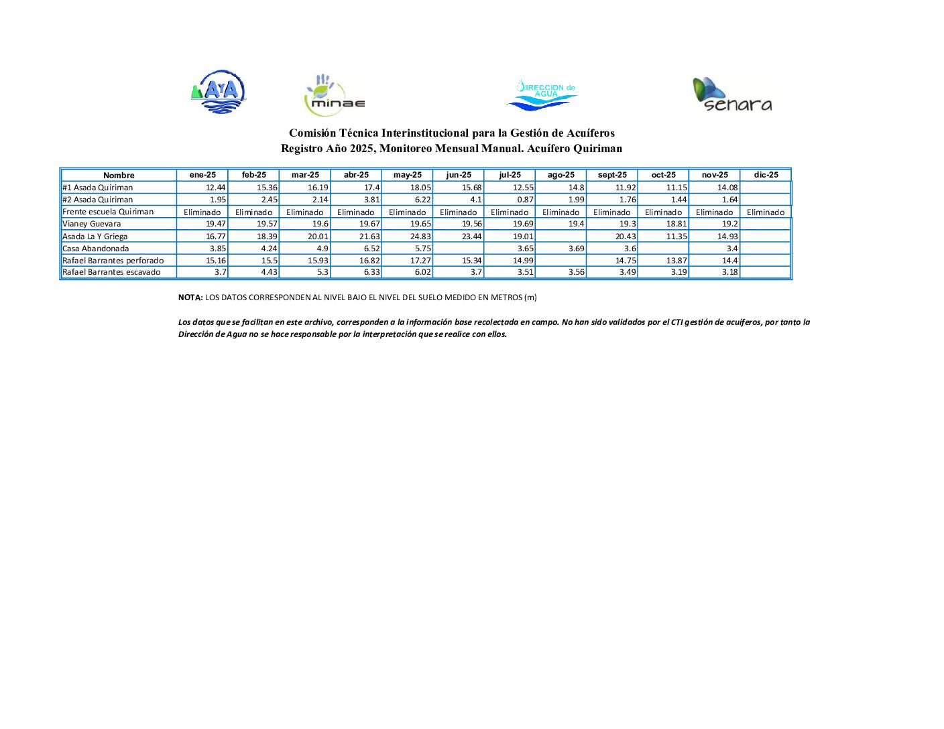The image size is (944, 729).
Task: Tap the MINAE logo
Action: coord(334,96)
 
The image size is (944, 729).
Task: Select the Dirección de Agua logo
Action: coord(542,94)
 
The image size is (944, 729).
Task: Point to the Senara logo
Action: coord(732,94)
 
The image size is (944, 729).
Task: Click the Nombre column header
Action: coord(119,176)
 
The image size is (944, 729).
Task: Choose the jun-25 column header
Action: coord(459,175)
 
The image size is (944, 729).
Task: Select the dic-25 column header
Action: coord(766,175)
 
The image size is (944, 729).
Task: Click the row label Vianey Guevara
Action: coord(92,224)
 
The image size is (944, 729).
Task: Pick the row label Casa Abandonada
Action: coord(95,249)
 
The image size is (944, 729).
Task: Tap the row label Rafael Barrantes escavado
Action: coord(111,272)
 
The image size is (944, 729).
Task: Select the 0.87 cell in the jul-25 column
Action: coord(525,200)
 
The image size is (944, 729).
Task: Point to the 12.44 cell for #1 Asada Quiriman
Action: coord(215,188)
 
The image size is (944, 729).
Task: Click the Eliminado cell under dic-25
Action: coord(766,212)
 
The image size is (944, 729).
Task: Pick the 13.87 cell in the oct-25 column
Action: coord(676,261)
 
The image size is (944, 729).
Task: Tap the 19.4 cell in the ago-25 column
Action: coord(576,224)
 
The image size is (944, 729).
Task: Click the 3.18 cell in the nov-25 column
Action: coord(729,272)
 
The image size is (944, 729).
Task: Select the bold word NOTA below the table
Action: coord(190,297)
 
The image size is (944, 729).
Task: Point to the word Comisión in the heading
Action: coord(312,133)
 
